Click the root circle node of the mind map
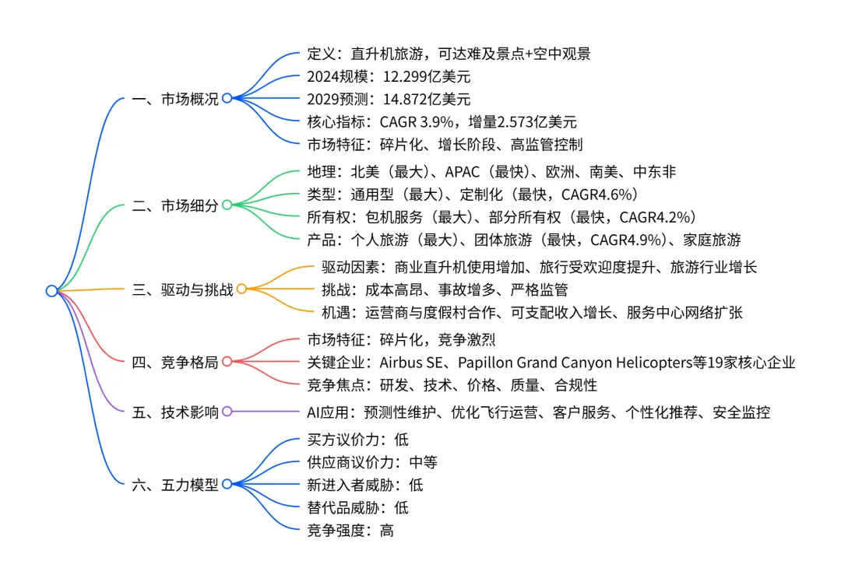tap(51, 290)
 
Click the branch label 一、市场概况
tap(175, 99)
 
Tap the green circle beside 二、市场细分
tap(227, 205)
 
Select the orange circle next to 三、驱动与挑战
tap(241, 289)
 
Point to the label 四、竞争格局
tap(175, 361)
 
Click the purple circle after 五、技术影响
tap(227, 412)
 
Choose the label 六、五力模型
tap(175, 484)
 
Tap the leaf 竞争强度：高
tap(350, 531)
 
